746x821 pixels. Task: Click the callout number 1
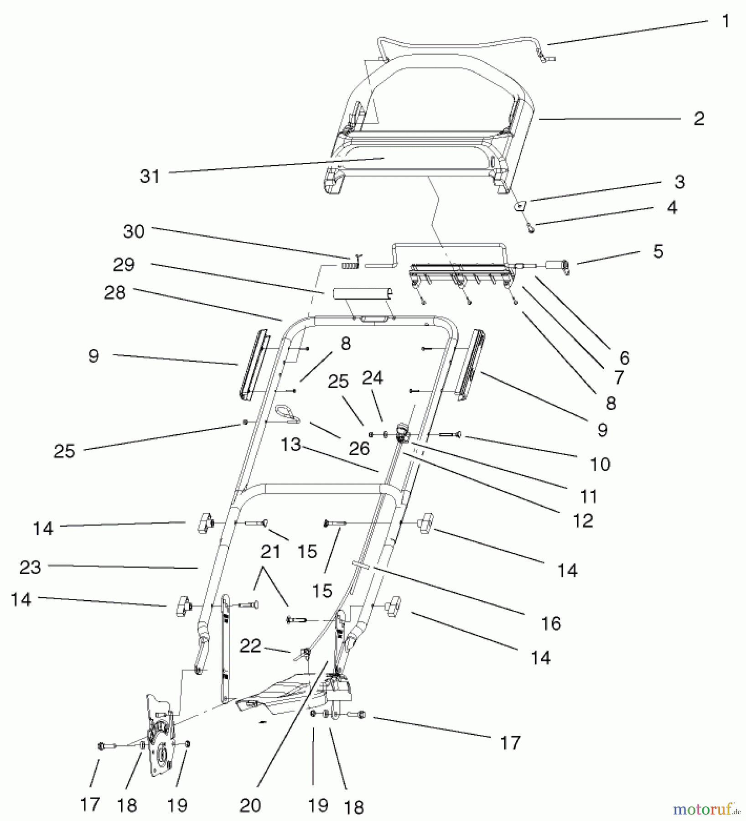pos(726,21)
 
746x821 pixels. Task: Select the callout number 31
pos(150,177)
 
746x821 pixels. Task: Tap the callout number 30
pos(134,232)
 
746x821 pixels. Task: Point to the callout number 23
pos(30,568)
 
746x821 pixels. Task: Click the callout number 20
pos(250,805)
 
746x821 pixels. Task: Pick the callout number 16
pos(551,624)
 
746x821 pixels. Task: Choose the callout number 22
pos(250,645)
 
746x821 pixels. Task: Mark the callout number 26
pos(359,449)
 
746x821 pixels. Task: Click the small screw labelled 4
pos(531,229)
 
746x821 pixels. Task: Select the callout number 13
pos(291,445)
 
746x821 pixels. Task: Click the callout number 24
pos(373,378)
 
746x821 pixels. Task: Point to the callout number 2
pos(699,119)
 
